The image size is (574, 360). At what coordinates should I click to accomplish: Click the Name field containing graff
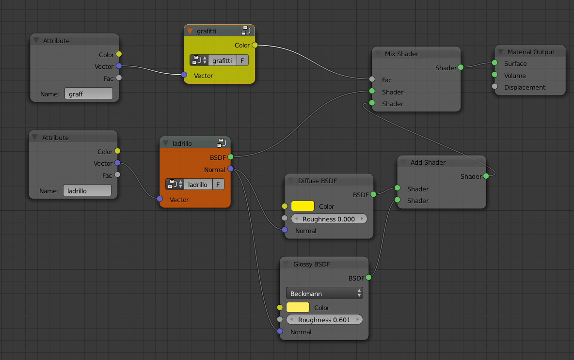[x=88, y=94]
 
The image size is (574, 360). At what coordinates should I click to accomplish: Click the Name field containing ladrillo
[x=87, y=190]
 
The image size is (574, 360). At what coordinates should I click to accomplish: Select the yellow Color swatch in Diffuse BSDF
[x=303, y=206]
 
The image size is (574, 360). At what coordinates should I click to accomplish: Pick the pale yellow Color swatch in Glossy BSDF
[x=298, y=308]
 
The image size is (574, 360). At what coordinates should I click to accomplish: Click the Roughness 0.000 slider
[x=329, y=219]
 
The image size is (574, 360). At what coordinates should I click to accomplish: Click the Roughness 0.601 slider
[x=324, y=320]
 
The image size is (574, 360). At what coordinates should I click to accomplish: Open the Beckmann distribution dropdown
[x=324, y=294]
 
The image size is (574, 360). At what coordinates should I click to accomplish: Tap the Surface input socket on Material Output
[x=494, y=63]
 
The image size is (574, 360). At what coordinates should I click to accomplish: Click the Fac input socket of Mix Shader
[x=372, y=79]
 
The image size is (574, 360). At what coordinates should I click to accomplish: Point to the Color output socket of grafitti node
[x=255, y=45]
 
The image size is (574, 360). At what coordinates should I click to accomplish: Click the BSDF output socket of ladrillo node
[x=230, y=157]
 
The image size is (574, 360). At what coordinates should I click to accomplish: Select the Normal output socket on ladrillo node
[x=230, y=169]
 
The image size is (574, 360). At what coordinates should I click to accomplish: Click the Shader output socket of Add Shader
[x=486, y=176]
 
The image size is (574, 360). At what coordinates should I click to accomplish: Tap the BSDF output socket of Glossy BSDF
[x=368, y=278]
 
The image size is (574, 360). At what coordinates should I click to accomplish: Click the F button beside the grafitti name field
[x=242, y=61]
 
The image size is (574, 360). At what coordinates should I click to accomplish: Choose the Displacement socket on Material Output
[x=494, y=87]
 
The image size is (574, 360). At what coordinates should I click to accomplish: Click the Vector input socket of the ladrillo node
[x=160, y=199]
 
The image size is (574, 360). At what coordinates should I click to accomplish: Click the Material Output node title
[x=531, y=52]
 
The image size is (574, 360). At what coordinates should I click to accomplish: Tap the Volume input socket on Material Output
[x=494, y=75]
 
